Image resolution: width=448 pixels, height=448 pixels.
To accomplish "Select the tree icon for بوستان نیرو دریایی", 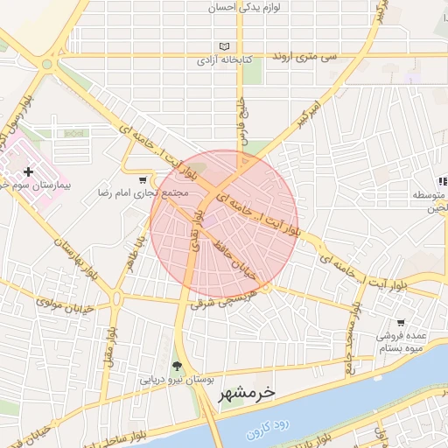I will click(x=178, y=366).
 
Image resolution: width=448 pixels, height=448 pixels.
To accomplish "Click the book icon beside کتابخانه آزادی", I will click(x=225, y=47).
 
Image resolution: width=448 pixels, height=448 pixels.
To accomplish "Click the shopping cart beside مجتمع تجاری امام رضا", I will click(x=142, y=179).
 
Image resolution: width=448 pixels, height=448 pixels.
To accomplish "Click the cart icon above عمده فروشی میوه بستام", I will click(x=400, y=322).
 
